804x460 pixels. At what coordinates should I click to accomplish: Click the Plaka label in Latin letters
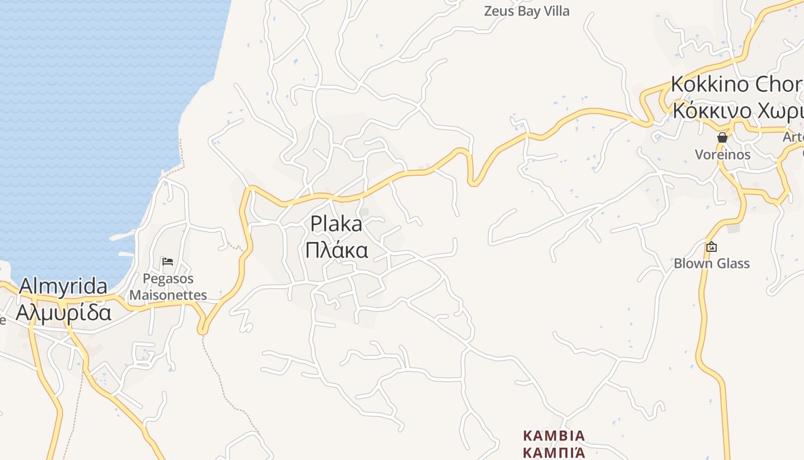tap(336, 224)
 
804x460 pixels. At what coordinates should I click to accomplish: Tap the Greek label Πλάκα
tap(336, 251)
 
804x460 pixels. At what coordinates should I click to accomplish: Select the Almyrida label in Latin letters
tap(63, 286)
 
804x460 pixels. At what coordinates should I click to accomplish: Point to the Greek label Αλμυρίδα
tap(63, 312)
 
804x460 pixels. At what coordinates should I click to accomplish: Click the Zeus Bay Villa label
tap(527, 11)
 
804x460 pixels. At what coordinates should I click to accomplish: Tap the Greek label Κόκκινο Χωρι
tap(737, 110)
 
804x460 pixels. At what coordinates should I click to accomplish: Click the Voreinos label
tap(722, 155)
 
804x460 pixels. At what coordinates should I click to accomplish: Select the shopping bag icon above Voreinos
tap(722, 137)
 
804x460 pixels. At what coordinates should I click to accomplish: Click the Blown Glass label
tap(712, 264)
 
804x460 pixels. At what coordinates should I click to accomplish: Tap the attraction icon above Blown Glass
tap(712, 247)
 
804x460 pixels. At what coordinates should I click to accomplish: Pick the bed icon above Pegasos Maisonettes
tap(168, 262)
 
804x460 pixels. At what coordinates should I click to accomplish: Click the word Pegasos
tap(168, 279)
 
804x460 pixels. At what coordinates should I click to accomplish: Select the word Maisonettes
tap(168, 295)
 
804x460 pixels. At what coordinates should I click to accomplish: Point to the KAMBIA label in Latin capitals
tap(554, 435)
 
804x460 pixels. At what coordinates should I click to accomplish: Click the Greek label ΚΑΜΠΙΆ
tap(554, 451)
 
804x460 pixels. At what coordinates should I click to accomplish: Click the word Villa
tap(555, 11)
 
